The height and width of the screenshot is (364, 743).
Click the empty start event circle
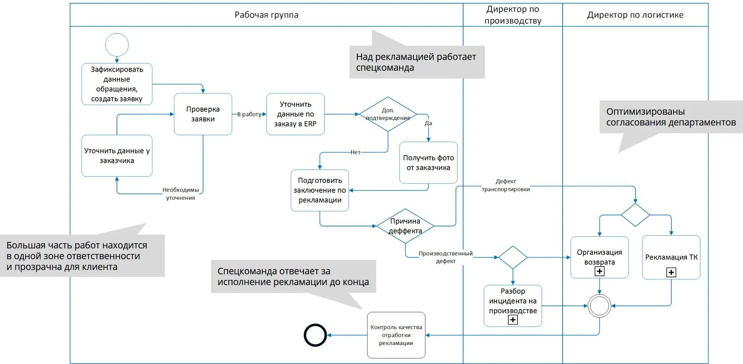point(117,45)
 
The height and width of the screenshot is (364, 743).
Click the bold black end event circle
point(315,335)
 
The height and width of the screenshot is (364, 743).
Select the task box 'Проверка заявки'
point(203,114)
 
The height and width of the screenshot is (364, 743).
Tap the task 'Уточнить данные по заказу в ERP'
point(296,114)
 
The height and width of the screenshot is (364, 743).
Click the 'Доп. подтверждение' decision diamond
point(388,114)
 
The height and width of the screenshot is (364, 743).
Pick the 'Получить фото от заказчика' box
point(428,163)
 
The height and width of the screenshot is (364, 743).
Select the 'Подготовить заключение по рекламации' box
point(320,190)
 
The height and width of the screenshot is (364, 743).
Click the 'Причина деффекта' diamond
point(405,226)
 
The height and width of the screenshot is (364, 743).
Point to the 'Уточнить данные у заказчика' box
point(117,156)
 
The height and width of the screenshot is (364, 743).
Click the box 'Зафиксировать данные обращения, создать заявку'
point(117,84)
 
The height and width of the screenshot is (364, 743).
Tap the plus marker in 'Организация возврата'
point(599,271)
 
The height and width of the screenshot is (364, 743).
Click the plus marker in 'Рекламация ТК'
point(671,272)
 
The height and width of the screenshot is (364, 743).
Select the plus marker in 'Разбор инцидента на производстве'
point(513,320)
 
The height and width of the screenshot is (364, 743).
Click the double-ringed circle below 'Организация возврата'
point(599,306)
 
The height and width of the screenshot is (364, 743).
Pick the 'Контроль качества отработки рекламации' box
point(396,335)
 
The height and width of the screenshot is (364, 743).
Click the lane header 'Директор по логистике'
point(635,15)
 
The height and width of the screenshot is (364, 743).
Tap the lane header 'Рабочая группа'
point(266,15)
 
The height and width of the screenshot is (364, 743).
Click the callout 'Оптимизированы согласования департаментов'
point(671,117)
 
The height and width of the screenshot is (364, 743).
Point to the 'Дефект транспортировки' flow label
point(506,185)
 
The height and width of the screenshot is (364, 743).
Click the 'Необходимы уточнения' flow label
point(180,194)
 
